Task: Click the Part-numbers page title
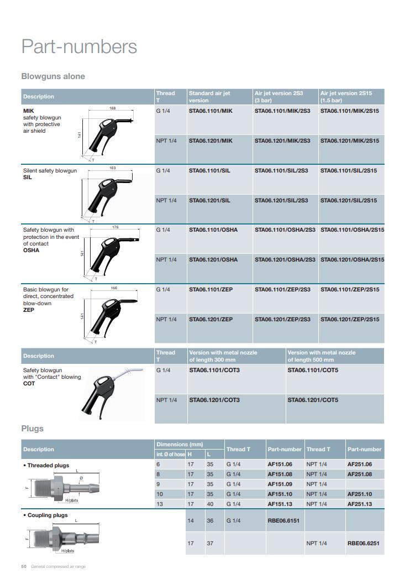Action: [79, 46]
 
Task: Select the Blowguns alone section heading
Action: [53, 76]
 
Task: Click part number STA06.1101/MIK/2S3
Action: [282, 111]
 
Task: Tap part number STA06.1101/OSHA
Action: [213, 229]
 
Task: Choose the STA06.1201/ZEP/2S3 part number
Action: [282, 319]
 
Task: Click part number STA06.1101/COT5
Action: [313, 370]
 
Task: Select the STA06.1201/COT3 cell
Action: [214, 400]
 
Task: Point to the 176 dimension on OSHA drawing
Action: [115, 227]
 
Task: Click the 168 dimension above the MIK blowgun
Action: [112, 108]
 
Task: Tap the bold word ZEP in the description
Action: [29, 310]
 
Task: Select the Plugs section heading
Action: [32, 429]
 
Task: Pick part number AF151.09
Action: [280, 484]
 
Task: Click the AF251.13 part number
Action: [359, 504]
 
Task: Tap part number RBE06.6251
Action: [363, 543]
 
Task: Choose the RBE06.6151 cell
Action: [283, 520]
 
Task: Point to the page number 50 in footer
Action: [24, 566]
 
